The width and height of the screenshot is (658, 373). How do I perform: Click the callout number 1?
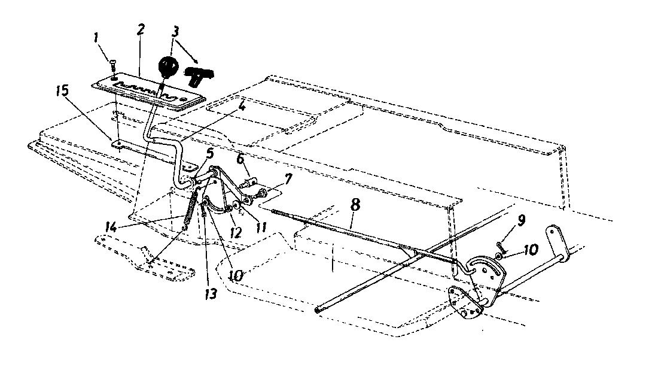pos(96,39)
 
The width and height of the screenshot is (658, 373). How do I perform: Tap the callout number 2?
pos(141,30)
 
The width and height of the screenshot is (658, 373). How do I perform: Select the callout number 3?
pos(175,32)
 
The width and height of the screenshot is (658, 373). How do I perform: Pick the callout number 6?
pos(240,159)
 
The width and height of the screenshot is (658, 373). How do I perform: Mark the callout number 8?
pos(355,205)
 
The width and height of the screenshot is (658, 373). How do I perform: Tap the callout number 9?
pos(521,220)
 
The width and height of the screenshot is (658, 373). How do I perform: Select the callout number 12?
pos(236,232)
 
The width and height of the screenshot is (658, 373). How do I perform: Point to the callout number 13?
pos(211,293)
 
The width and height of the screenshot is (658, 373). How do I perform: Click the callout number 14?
pos(111,228)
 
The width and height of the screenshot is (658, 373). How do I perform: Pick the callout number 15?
pos(63,91)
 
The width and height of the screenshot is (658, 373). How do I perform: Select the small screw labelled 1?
pos(112,65)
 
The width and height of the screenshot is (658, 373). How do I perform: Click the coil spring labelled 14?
pos(190,209)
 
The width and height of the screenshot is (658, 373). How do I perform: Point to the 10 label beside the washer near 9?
pos(531,250)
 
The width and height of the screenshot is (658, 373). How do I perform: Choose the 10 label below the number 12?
pos(236,275)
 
